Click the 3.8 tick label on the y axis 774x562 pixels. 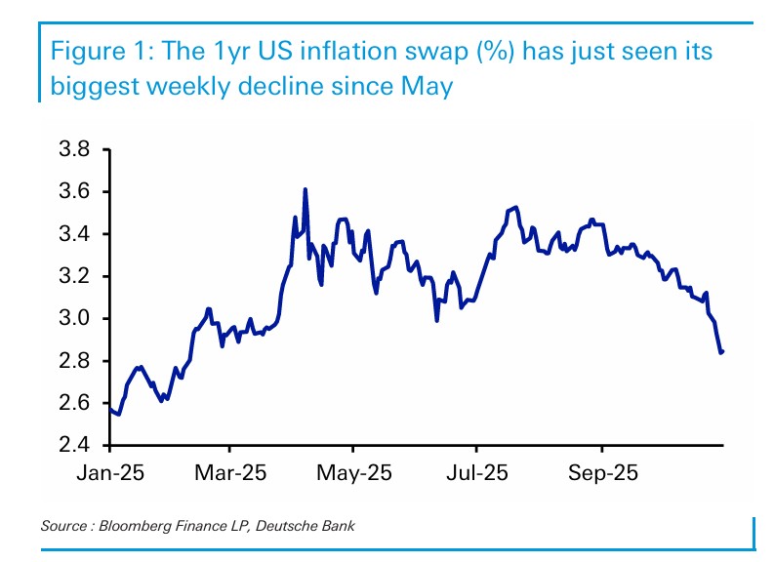[75, 150]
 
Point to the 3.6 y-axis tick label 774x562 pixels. [75, 192]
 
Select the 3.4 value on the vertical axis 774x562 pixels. [75, 234]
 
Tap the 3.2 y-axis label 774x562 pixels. [75, 277]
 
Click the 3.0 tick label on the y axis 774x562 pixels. [75, 319]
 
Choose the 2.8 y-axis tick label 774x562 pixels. [75, 361]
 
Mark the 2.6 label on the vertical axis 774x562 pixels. [75, 403]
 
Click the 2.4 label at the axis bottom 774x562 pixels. [75, 446]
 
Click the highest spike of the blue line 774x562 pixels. [306, 190]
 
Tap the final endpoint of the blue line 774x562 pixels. [722, 351]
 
